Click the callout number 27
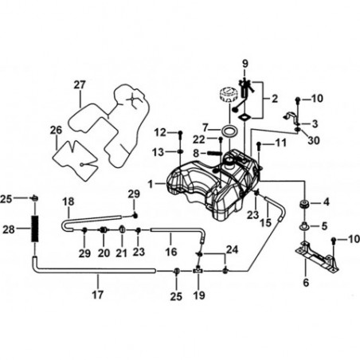pos(80,85)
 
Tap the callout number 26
pos(56,130)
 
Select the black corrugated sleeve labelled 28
pos(35,229)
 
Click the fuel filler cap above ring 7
pos(229,96)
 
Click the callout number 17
pos(97,295)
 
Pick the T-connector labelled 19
pos(198,271)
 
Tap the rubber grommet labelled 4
pos(304,205)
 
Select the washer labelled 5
pos(305,226)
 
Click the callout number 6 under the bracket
pos(306,283)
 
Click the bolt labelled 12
pos(180,136)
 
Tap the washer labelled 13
pos(180,152)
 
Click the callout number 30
pos(313,140)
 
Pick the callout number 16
pos(171,252)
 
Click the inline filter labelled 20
pos(104,230)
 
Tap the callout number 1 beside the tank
pos(151,184)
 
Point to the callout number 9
pos(245,64)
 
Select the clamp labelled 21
pos(123,229)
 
